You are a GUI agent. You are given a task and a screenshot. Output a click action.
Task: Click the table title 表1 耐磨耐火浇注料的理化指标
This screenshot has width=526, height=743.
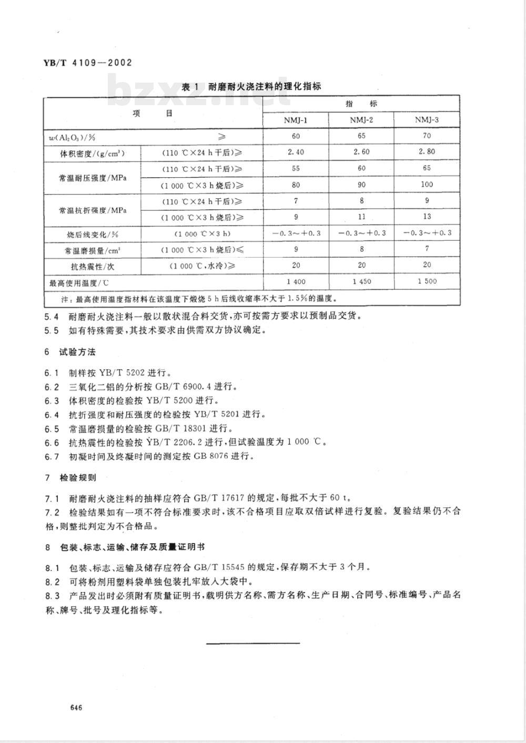(251, 87)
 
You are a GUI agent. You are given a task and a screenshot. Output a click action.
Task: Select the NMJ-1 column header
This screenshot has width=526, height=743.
(296, 120)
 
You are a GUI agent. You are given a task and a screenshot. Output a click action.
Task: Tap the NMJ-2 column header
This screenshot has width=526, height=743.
(361, 120)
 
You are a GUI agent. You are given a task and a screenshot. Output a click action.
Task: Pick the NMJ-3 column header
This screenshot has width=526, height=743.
(427, 120)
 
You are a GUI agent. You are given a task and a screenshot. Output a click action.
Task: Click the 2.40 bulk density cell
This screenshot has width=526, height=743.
(296, 152)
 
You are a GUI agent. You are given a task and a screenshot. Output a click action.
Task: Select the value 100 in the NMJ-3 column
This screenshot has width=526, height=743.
(427, 185)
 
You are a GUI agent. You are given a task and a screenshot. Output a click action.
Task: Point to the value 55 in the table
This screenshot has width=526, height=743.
(296, 168)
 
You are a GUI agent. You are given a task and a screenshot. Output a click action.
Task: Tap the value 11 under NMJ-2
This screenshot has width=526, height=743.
(361, 217)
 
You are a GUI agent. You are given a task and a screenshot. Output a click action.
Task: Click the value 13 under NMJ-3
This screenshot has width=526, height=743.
(427, 217)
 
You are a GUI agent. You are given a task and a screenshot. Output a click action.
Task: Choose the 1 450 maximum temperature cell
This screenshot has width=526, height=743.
(361, 281)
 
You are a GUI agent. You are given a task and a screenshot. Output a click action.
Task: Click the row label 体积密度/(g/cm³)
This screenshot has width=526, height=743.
(92, 154)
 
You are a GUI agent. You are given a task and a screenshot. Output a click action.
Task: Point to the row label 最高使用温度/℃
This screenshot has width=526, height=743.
(79, 283)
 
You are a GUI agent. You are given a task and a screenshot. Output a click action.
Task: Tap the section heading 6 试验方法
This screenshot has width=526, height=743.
(70, 352)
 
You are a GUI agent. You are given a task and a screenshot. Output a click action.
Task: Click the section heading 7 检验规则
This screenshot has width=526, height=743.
(70, 478)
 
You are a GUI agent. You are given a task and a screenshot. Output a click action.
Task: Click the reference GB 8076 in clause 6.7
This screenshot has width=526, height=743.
(214, 456)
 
